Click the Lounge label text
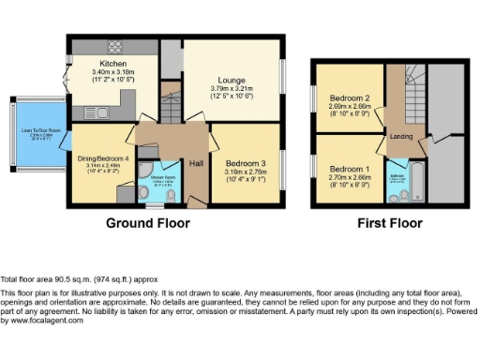tap(232, 82)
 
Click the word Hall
tap(197, 163)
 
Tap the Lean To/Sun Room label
tap(35, 131)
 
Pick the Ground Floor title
tap(147, 224)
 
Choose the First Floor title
tap(388, 224)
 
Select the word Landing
tap(400, 137)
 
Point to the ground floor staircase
tap(170, 103)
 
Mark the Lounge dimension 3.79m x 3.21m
tap(232, 90)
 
